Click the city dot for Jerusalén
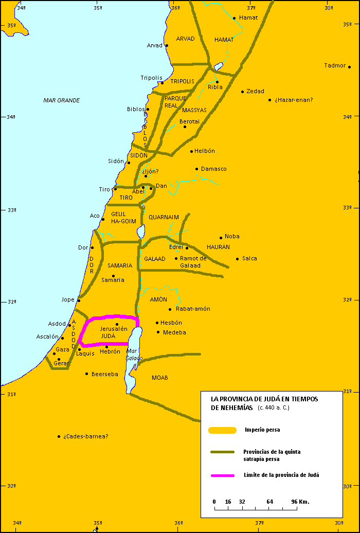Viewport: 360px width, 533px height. click(117, 324)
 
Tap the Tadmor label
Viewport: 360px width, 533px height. click(335, 66)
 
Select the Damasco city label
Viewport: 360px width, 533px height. click(213, 169)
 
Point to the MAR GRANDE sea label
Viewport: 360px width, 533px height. click(61, 100)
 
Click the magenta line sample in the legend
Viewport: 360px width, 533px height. click(223, 475)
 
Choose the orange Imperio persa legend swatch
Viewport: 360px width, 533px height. click(222, 430)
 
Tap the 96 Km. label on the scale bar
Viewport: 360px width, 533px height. click(300, 501)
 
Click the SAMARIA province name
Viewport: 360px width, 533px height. click(120, 266)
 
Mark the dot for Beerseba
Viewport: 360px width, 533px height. click(87, 374)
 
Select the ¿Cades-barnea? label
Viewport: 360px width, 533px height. click(86, 436)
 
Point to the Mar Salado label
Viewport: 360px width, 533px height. click(134, 354)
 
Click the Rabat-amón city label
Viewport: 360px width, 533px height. click(193, 309)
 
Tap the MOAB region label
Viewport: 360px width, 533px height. click(160, 378)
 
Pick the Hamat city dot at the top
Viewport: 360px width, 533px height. click(235, 18)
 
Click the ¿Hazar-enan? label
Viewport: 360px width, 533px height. click(294, 100)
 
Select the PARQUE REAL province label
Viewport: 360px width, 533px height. click(171, 101)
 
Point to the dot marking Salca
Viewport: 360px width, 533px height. click(237, 259)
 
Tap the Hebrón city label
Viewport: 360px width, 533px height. click(110, 351)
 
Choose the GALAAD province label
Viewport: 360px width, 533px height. click(155, 259)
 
